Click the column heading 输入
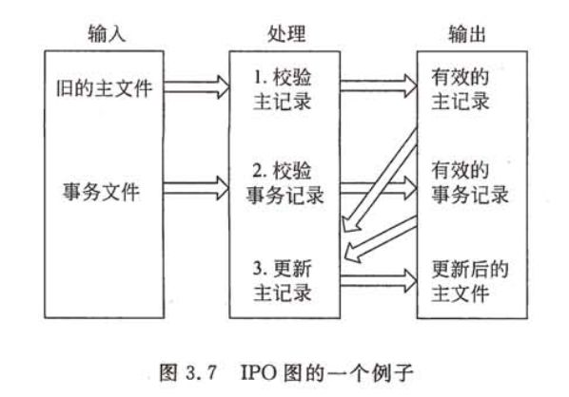point(107,33)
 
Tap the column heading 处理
point(286,33)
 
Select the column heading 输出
point(466,33)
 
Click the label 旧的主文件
point(104,88)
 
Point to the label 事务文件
point(101,192)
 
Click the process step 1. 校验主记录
point(283,89)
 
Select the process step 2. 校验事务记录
point(284,183)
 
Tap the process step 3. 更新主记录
point(283,281)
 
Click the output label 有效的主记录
point(461,89)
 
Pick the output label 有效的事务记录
point(470,183)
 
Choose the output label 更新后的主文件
point(470,281)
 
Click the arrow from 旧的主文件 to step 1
point(196,87)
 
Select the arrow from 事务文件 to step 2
point(196,188)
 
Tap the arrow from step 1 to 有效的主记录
point(379,85)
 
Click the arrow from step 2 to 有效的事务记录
point(379,188)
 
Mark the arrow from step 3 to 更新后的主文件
point(379,281)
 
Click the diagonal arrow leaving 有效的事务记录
point(381,239)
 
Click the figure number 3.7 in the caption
point(202,372)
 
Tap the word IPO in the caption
point(260,372)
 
